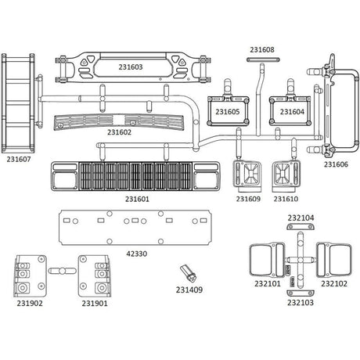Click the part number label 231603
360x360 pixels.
tap(131, 67)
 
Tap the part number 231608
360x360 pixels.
tap(262, 49)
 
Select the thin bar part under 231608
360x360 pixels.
tap(263, 59)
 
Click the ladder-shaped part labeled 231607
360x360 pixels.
tap(18, 103)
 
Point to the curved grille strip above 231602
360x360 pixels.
tap(119, 122)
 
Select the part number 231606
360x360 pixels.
tap(336, 164)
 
